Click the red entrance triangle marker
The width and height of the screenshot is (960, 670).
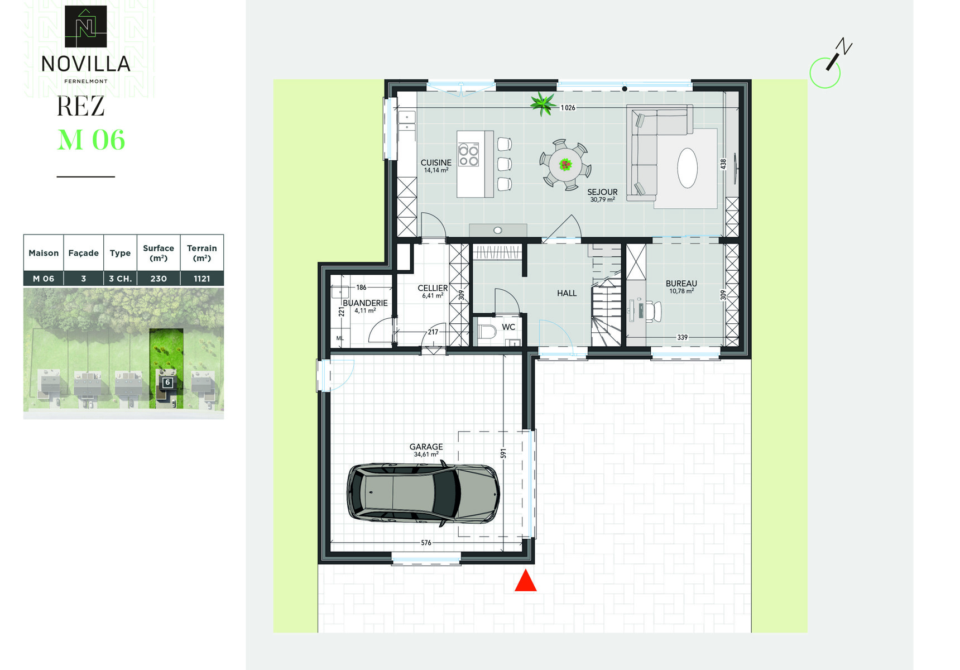click(525, 581)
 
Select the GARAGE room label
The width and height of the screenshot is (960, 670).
click(426, 447)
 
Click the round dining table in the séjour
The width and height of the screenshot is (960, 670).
click(565, 165)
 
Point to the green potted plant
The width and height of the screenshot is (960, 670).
click(543, 103)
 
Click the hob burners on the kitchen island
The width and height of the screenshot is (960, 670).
click(469, 155)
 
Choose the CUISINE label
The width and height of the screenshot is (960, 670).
click(436, 162)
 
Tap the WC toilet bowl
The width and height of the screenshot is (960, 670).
click(487, 332)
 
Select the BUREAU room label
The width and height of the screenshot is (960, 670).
click(681, 284)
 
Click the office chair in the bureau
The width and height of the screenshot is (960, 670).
click(654, 312)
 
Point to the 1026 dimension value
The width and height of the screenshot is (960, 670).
click(568, 108)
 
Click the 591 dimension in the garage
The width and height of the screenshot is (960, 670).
click(503, 453)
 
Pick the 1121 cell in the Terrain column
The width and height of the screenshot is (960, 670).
click(202, 279)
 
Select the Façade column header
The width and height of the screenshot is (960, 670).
click(83, 253)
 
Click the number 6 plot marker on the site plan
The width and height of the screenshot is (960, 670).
click(167, 382)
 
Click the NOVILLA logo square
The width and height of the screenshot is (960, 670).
click(86, 26)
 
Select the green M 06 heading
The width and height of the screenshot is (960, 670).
click(92, 140)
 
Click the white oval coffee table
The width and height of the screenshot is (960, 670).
click(688, 168)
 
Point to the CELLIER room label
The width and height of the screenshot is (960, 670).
click(433, 288)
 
